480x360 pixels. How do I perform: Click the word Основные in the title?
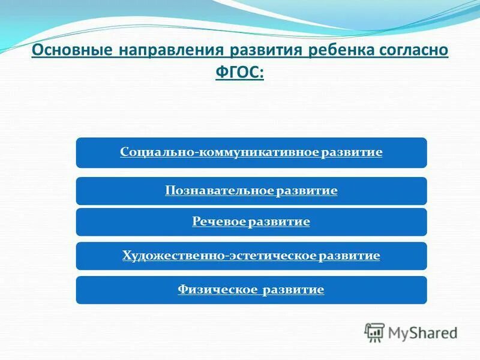(x=72, y=50)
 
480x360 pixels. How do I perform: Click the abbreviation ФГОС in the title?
(x=237, y=72)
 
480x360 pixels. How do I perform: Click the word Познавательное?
(x=219, y=190)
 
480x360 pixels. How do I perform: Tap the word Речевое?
(x=219, y=221)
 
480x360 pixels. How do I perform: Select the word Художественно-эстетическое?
(x=219, y=256)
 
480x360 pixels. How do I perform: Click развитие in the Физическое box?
(x=293, y=290)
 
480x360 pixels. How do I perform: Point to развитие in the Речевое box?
(x=279, y=222)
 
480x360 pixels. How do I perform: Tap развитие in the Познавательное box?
(x=307, y=191)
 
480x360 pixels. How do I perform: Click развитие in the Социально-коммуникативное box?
(x=352, y=152)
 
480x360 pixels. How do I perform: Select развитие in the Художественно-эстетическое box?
(x=349, y=256)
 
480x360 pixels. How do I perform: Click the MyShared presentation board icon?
(x=374, y=332)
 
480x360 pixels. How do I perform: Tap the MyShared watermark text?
(x=423, y=333)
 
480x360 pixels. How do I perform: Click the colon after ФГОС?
(x=261, y=74)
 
